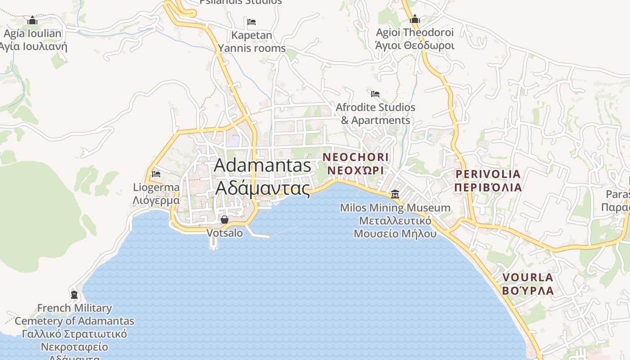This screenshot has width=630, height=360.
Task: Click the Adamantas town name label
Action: [x=262, y=166]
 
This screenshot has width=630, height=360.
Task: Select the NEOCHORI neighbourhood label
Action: [x=355, y=157]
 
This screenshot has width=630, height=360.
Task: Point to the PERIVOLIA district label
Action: [x=488, y=174]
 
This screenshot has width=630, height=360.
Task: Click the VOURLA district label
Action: [x=527, y=277]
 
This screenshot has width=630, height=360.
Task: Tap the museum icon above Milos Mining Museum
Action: [x=395, y=194]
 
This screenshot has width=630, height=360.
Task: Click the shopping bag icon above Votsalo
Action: [x=225, y=220]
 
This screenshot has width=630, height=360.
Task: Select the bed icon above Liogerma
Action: [x=156, y=174]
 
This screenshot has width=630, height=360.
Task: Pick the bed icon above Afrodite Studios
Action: [x=375, y=94]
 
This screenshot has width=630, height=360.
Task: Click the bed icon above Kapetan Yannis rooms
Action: [x=252, y=22]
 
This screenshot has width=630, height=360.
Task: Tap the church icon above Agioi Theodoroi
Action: [x=415, y=19]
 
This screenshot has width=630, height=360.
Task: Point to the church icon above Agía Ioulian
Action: [x=32, y=20]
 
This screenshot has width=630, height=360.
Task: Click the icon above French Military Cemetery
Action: [x=74, y=295]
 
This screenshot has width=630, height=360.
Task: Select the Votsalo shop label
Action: [x=225, y=233]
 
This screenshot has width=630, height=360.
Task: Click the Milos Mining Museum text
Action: [x=395, y=208]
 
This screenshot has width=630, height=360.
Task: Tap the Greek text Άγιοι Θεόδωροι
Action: [x=415, y=45]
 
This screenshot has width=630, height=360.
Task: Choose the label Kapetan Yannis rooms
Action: [x=252, y=41]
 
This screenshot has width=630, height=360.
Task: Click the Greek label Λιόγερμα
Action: [x=156, y=200]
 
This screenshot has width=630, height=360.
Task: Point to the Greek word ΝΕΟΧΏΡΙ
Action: [x=355, y=171]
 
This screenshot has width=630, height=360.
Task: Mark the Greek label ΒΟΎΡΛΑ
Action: [x=527, y=291]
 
